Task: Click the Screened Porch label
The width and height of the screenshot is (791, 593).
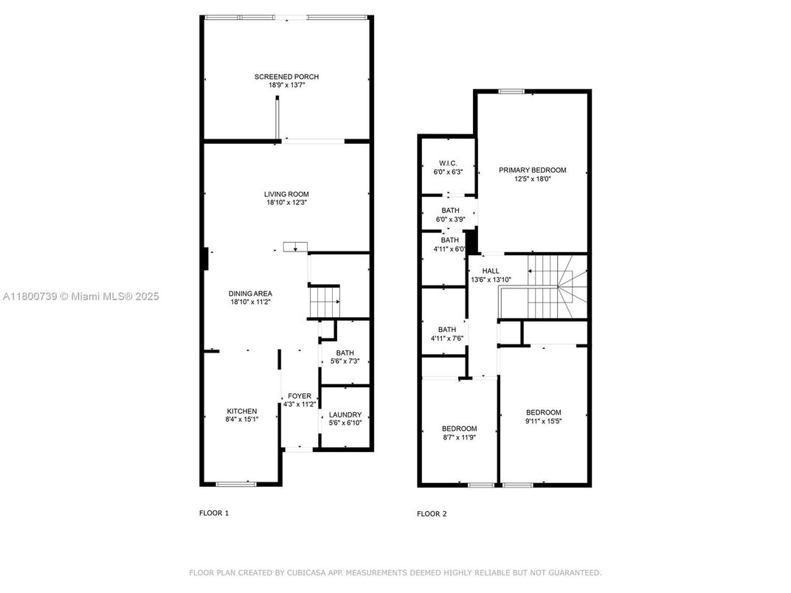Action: click(286, 77)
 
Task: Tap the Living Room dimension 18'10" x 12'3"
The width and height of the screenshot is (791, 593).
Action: click(286, 203)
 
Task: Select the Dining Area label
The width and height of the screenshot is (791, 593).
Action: click(252, 294)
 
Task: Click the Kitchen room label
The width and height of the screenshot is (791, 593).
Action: click(241, 411)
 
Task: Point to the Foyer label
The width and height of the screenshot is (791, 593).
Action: click(300, 396)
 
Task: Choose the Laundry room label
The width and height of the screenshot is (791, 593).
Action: click(345, 415)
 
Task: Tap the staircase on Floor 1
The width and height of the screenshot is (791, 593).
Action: click(324, 302)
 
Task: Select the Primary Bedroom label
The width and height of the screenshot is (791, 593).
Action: click(532, 170)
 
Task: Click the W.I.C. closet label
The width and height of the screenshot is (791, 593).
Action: click(448, 163)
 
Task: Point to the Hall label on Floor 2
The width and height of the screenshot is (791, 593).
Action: click(491, 271)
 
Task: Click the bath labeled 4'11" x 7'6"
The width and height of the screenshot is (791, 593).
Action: click(446, 330)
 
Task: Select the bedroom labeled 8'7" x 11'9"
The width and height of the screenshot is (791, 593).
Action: click(459, 429)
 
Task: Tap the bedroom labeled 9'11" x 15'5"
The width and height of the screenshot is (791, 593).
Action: click(543, 412)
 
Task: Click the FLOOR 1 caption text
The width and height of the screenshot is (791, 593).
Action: click(214, 513)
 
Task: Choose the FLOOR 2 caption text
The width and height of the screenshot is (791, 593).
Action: click(432, 513)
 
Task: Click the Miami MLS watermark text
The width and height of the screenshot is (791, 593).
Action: click(81, 296)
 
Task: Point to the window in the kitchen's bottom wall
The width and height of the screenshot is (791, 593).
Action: click(236, 484)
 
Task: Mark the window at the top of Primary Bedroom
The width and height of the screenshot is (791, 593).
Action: click(511, 91)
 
